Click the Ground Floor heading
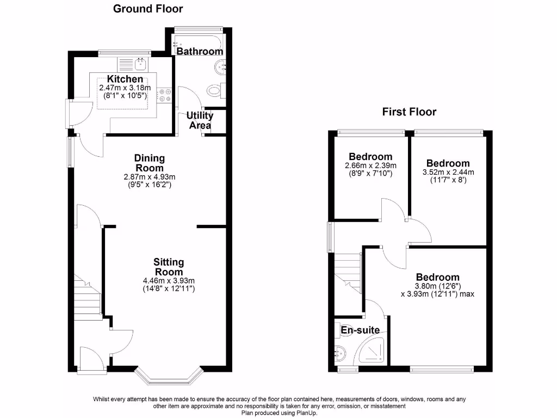tap(148, 9)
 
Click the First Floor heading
tap(409, 112)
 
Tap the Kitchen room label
tap(125, 79)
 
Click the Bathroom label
tap(200, 51)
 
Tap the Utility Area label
tap(200, 120)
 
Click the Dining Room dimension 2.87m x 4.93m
tap(149, 177)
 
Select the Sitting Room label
tap(168, 267)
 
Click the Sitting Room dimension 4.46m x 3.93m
tap(168, 281)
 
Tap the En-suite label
tap(360, 330)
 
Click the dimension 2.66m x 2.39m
tap(370, 166)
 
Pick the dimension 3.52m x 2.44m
tap(448, 172)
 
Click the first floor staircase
tap(348, 272)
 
